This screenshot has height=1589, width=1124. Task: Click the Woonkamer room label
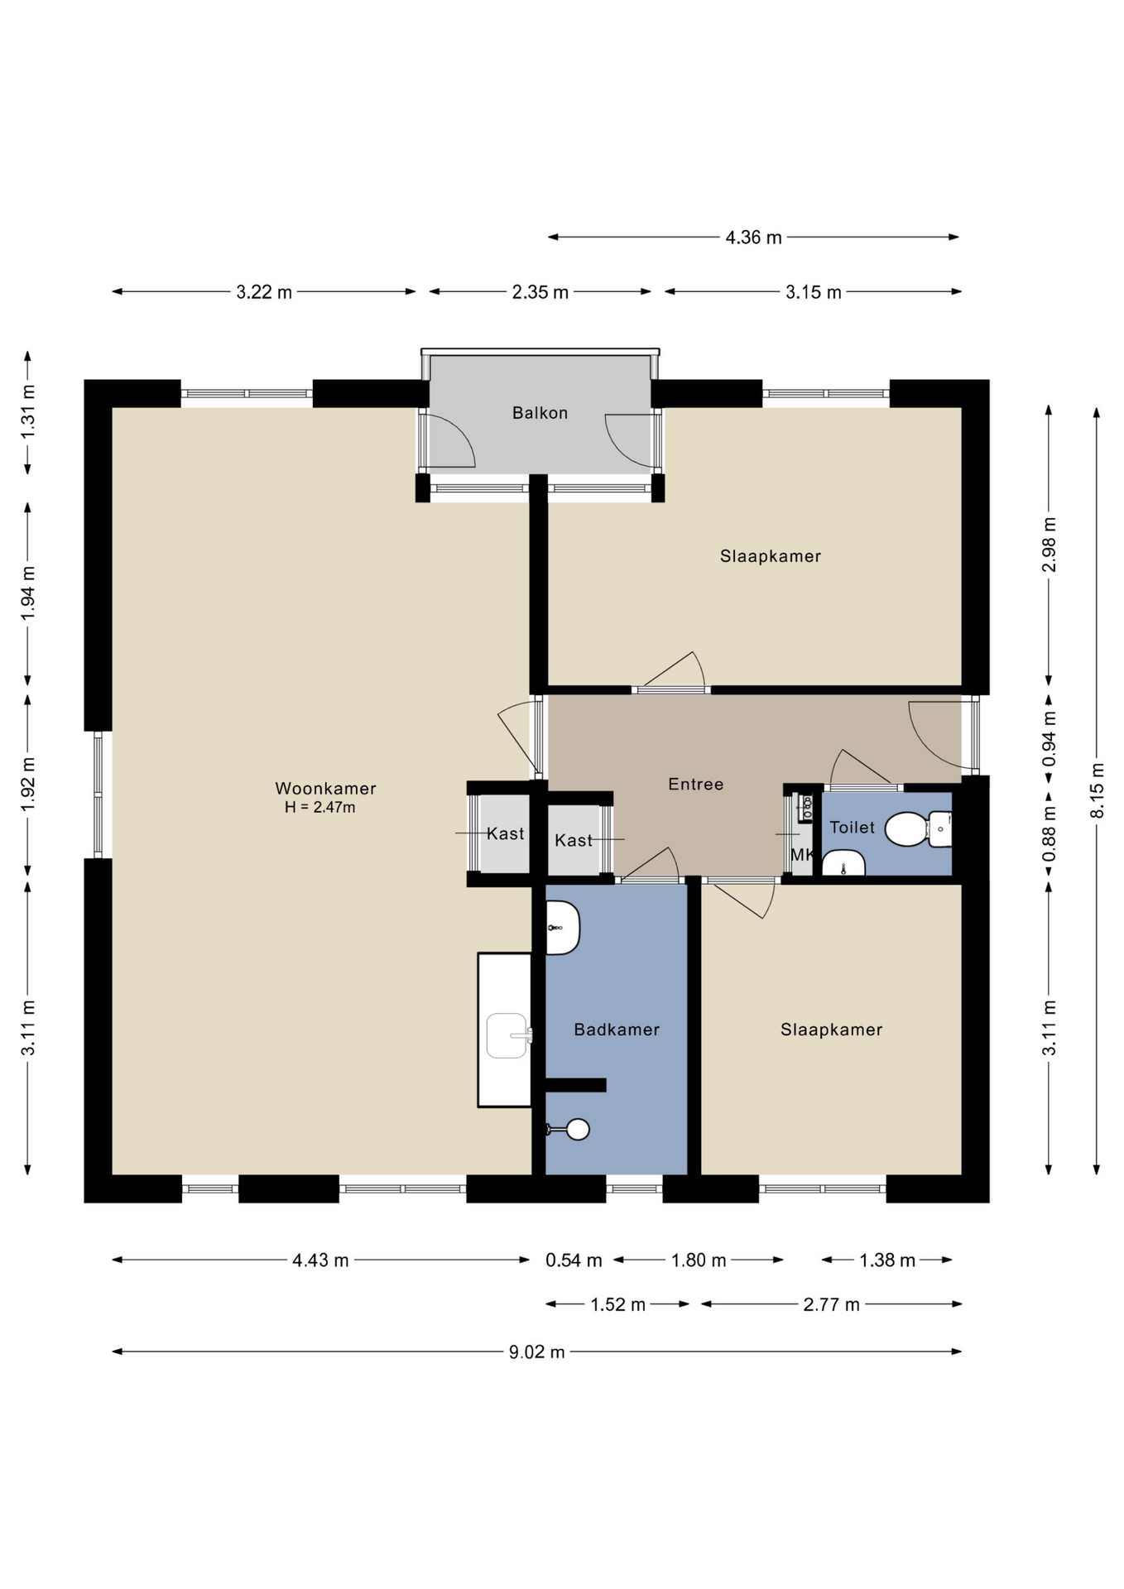325,789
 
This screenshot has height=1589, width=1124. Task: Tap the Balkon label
540,413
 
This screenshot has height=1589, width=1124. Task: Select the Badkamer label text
617,1030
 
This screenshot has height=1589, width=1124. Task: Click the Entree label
695,784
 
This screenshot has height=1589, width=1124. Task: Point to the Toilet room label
852,827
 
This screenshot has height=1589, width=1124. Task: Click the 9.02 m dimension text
537,1351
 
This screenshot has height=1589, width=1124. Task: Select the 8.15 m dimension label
1098,790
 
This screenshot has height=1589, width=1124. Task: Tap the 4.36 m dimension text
753,238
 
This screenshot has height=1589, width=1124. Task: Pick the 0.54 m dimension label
574,1260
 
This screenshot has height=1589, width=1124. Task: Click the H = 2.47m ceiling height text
319,808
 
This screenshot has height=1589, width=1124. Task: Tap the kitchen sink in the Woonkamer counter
507,1035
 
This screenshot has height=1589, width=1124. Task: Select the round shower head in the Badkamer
577,1129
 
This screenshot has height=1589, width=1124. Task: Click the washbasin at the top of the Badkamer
562,928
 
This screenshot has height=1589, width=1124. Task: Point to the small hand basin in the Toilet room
843,862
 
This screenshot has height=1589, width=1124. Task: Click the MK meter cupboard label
801,855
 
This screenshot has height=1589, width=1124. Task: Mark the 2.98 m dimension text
1050,545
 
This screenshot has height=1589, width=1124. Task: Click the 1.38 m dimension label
886,1260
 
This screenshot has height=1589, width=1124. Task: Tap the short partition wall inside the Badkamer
575,1085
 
